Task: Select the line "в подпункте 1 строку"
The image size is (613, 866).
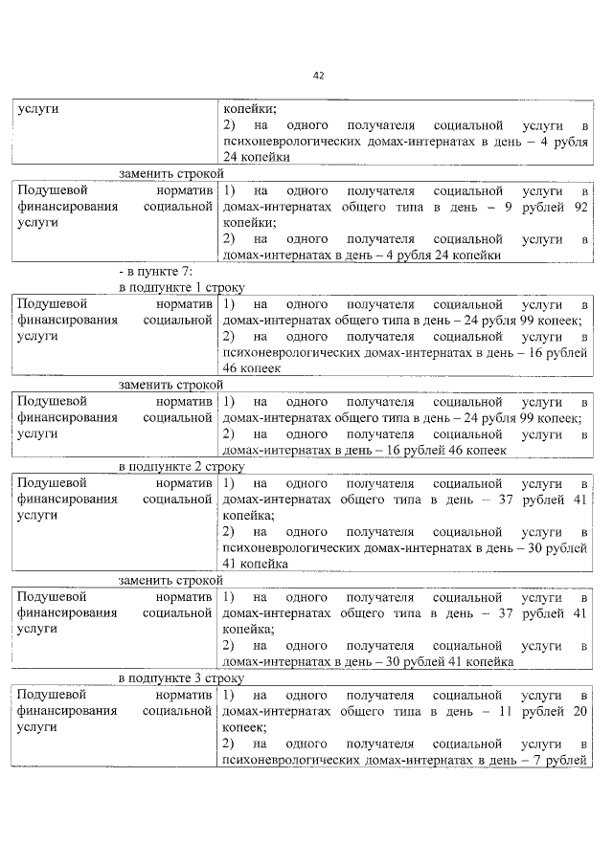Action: coord(182,287)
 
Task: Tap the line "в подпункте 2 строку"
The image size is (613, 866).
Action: coord(182,466)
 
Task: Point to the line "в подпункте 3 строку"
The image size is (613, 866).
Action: coord(182,677)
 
